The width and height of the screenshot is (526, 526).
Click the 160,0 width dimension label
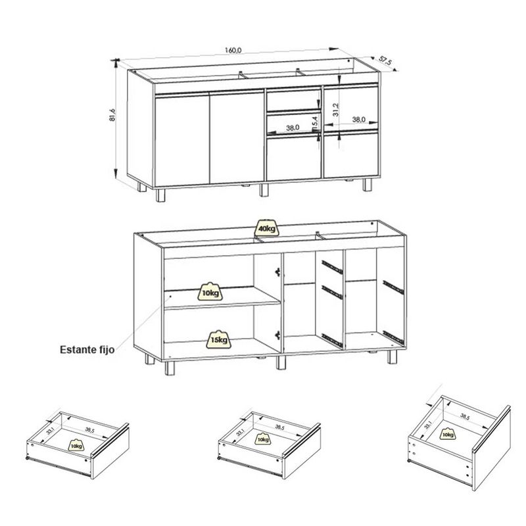[233, 51]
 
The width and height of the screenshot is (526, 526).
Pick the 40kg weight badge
[267, 229]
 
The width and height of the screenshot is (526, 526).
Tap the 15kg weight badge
[219, 339]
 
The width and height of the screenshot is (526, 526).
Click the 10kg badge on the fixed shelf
[210, 291]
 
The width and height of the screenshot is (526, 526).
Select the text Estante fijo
[87, 350]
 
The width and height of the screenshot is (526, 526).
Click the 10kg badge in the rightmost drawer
[448, 434]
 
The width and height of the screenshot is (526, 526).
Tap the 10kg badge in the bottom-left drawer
[76, 445]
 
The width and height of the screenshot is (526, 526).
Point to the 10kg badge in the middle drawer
[263, 439]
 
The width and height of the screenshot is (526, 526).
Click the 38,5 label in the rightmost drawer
[466, 416]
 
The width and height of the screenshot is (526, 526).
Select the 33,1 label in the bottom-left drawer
[51, 429]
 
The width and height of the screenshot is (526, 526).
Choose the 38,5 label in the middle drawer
[280, 428]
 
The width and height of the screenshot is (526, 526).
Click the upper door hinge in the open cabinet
[277, 272]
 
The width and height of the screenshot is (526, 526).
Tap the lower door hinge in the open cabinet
[277, 335]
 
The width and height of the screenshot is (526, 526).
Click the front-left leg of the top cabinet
[160, 195]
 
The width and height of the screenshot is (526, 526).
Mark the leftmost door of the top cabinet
[182, 139]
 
